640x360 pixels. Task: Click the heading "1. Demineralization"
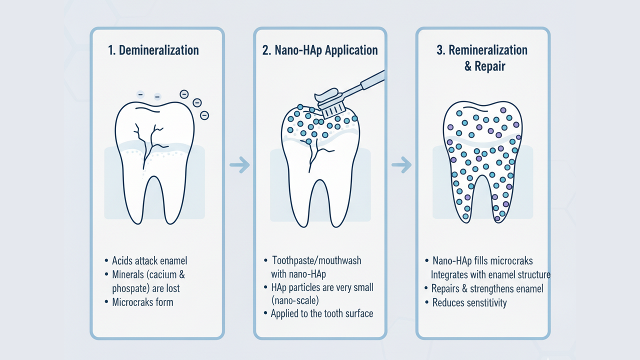(x=153, y=50)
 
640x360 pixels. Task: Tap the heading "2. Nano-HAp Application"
(x=320, y=50)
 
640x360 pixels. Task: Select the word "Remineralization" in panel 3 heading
(x=488, y=50)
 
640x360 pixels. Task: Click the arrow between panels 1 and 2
(x=239, y=164)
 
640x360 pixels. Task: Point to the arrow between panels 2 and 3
(x=401, y=164)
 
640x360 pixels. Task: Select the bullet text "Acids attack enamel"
(x=149, y=260)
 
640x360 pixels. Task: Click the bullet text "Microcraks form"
(x=142, y=301)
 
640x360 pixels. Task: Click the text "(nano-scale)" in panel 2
(x=295, y=300)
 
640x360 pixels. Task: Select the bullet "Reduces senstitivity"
(x=469, y=302)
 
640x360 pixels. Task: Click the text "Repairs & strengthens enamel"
(x=487, y=288)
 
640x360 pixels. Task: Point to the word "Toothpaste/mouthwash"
(x=316, y=260)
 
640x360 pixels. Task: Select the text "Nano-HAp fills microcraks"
(x=482, y=260)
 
